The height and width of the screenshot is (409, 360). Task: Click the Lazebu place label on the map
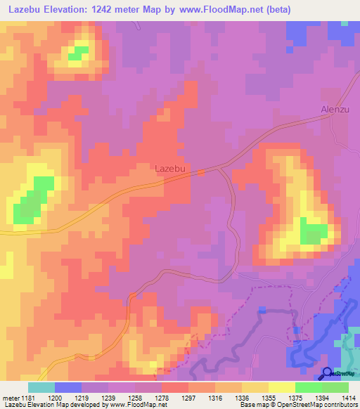pos(170,169)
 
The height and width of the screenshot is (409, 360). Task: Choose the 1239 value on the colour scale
pos(109,398)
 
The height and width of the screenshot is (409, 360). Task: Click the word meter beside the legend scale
pos(11,398)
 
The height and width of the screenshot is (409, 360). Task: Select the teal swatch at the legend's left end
pos(41,387)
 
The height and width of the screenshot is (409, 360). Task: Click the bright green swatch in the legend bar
pos(308,387)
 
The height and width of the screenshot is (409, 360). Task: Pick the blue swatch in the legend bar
pos(68,387)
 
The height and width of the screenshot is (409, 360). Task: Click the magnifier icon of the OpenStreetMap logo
pos(327,372)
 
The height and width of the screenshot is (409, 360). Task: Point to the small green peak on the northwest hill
pos(77,53)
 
